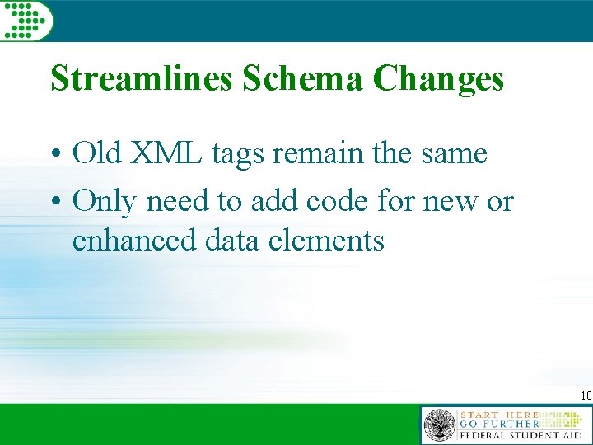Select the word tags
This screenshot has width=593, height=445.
point(251,155)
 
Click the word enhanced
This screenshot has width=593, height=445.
point(132,241)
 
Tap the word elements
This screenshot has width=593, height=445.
point(325,241)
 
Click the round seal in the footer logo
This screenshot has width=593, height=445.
point(439,426)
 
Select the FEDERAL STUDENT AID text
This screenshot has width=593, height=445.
point(521,435)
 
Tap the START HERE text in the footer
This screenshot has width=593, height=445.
point(498,414)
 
